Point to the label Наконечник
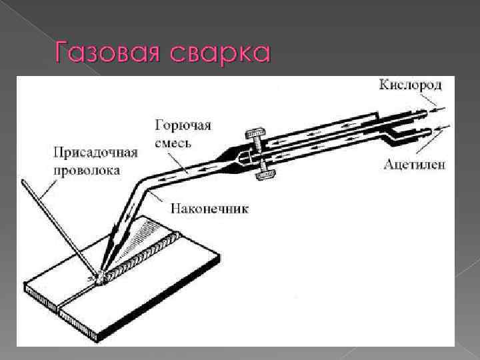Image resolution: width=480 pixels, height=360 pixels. pyautogui.click(x=210, y=209)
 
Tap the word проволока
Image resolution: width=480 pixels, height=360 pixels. pyautogui.click(x=87, y=169)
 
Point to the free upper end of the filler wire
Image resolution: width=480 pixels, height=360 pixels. pyautogui.click(x=25, y=181)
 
